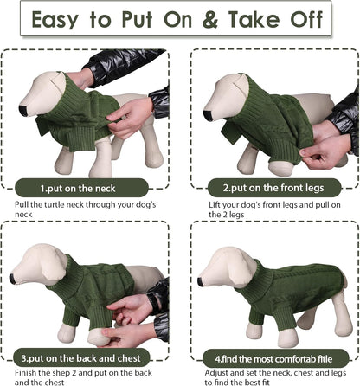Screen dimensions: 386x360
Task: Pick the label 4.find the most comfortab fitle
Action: (270, 356)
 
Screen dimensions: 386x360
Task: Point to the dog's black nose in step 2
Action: (207, 113)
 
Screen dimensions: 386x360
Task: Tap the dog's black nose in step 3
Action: (14, 279)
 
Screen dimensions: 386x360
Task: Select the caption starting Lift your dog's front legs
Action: (272, 209)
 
